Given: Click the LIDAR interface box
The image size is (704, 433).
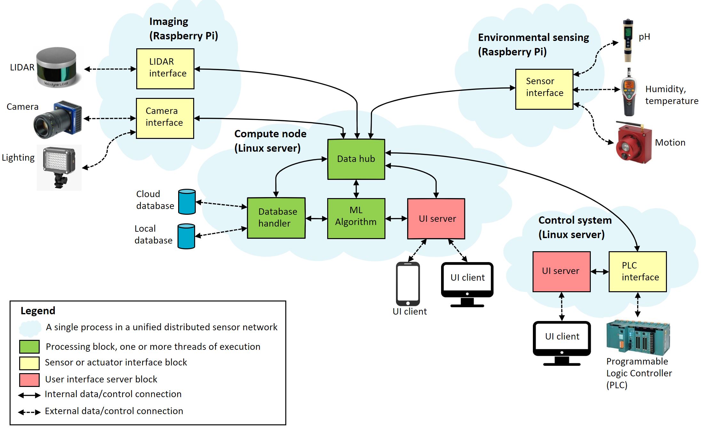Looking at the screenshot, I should pos(165,68).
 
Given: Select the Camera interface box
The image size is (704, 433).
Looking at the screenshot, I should pos(165,118).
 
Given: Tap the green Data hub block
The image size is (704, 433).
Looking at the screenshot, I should pos(356,159).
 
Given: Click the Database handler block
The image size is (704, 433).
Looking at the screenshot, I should pos(276,218).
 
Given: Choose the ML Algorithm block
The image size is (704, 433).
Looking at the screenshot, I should pos(356,218).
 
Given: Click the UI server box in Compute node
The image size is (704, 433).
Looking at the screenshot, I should pos(436,219).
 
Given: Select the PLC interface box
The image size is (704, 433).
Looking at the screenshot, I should pos(637,271).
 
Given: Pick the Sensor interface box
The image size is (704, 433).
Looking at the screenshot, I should pos(544,89).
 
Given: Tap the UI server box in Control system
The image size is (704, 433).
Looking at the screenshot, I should pos(561,271).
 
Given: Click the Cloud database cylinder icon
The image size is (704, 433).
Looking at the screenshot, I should pos(187,202).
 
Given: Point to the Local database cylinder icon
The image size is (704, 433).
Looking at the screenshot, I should pos(186,236).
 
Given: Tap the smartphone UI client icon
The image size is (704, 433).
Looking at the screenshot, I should pos(408,284).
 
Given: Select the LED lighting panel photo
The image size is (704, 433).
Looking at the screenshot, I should pos(59,167).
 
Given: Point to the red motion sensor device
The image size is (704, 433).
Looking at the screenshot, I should pos(633,143).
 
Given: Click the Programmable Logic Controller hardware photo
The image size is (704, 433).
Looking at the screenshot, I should pos(638,337).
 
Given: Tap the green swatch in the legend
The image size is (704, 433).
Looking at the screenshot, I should pos(29,346).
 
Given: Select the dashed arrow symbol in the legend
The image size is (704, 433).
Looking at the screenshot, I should pos(29,412).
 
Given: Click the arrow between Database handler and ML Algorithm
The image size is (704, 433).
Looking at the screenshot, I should pos(316,219).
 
